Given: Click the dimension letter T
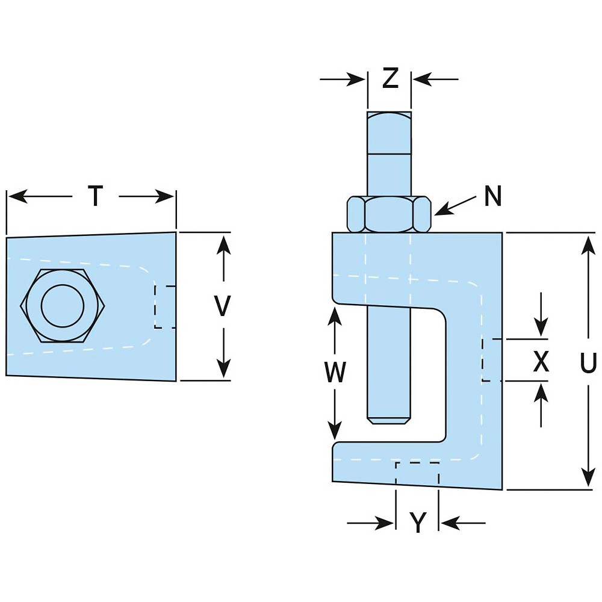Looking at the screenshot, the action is click(96, 196).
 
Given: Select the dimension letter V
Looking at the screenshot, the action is click(222, 305).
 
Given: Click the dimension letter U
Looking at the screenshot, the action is click(588, 363).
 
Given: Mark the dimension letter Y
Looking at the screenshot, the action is click(418, 523).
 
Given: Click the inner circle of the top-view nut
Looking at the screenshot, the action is click(63, 306).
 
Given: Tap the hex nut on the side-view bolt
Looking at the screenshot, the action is click(389, 214).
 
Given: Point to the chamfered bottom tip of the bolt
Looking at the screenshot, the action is click(389, 421).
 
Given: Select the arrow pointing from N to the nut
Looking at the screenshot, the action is click(455, 206).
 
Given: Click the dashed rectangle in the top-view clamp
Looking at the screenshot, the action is click(165, 307).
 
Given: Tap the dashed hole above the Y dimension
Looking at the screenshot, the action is click(417, 473).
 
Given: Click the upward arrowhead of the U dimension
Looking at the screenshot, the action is click(588, 246).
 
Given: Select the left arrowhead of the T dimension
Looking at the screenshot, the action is click(17, 196).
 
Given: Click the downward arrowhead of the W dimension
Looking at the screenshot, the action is click(335, 430).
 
